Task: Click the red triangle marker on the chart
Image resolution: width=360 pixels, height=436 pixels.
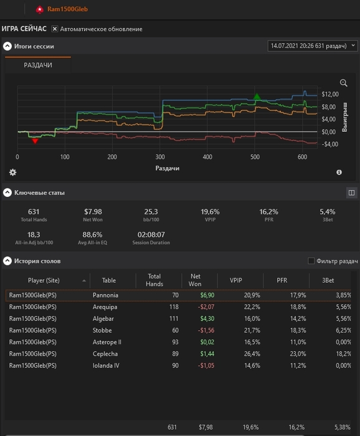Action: (35, 141)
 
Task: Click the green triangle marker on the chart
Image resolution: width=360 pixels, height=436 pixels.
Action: (257, 96)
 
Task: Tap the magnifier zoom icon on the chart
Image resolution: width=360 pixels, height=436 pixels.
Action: (344, 83)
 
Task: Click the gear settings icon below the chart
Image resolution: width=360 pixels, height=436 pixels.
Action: (13, 173)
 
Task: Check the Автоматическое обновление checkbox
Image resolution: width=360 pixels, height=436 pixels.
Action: (55, 29)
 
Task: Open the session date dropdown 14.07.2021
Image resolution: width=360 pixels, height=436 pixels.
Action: (313, 46)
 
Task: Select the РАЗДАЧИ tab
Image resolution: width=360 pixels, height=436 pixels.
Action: (38, 65)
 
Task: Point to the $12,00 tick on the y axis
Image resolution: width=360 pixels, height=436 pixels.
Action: (330, 94)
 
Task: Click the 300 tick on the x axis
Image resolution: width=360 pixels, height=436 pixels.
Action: (160, 157)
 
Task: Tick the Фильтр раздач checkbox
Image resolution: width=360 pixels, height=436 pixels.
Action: (311, 261)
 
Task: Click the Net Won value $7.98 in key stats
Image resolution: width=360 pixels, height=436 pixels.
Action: (93, 212)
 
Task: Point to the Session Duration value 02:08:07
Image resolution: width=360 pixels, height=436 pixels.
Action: (151, 235)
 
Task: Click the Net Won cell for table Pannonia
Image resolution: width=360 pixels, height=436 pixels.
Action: (207, 295)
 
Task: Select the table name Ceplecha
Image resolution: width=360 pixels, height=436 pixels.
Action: (105, 354)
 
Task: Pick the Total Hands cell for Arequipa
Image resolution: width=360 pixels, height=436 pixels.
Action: (174, 307)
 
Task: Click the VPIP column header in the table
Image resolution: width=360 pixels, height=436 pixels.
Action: (235, 280)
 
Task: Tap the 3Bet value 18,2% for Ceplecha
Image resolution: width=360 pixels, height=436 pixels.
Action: (344, 354)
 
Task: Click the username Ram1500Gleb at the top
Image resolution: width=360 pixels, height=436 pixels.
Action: (67, 9)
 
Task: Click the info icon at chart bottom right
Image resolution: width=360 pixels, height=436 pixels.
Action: (339, 173)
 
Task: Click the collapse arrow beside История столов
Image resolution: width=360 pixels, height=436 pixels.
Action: (7, 261)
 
